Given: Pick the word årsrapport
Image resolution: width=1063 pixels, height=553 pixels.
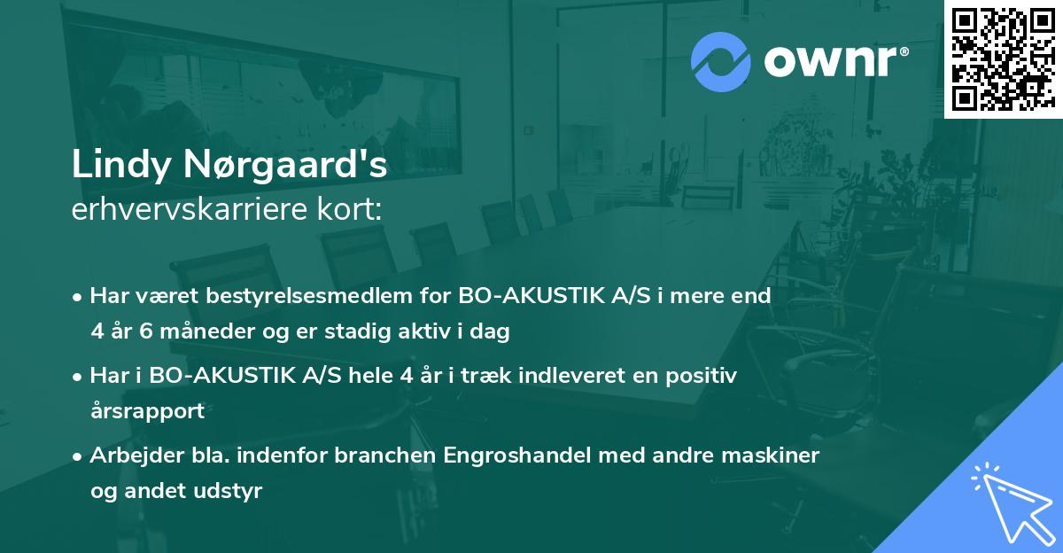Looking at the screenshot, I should pyautogui.click(x=147, y=410).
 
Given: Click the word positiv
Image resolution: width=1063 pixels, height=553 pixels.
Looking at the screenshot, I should pyautogui.click(x=694, y=375).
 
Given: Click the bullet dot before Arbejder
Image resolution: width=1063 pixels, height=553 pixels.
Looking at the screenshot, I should pyautogui.click(x=79, y=456).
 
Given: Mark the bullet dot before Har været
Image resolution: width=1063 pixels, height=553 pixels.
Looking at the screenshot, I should pyautogui.click(x=79, y=296).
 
